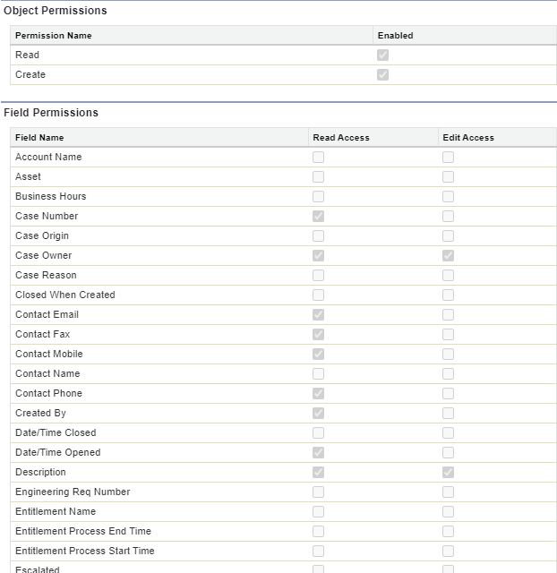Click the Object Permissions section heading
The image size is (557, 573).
pyautogui.click(x=55, y=11)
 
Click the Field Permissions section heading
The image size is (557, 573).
pyautogui.click(x=51, y=113)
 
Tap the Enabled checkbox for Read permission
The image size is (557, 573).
pyautogui.click(x=382, y=56)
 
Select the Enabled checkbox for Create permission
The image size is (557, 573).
pyautogui.click(x=382, y=75)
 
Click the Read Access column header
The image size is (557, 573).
pyautogui.click(x=340, y=138)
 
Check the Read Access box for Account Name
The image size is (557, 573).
pyautogui.click(x=318, y=158)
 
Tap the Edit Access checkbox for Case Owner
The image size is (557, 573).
pyautogui.click(x=448, y=256)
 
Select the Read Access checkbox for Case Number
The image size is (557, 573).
pyautogui.click(x=318, y=217)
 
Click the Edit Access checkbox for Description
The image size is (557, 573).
pyautogui.click(x=448, y=473)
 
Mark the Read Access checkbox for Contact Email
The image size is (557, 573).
pyautogui.click(x=318, y=315)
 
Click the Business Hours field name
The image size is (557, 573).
pyautogui.click(x=50, y=197)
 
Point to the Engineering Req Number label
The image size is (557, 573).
pyautogui.click(x=73, y=492)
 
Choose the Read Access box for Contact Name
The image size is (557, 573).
pyautogui.click(x=318, y=374)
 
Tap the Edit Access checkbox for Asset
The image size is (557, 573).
pyautogui.click(x=448, y=177)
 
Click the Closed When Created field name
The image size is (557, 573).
pyautogui.click(x=64, y=295)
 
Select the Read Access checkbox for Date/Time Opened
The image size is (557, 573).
pyautogui.click(x=318, y=453)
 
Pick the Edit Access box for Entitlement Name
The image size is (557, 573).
pyautogui.click(x=448, y=512)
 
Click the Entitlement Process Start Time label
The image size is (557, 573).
pyautogui.click(x=84, y=552)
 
